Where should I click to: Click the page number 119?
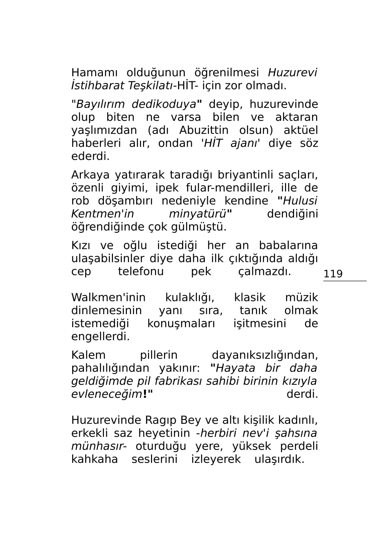coord(333,274)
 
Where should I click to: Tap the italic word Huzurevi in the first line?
coord(292,73)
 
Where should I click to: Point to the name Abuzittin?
coord(204,130)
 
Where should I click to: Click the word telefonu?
coord(141,271)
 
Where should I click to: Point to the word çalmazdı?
coord(265,271)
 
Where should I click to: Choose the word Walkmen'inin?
coord(108,297)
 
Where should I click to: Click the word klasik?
coord(250,297)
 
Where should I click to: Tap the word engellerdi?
coord(100,337)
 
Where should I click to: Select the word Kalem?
coord(88,355)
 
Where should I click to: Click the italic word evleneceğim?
coord(107,394)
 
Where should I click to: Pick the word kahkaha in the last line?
coord(94,459)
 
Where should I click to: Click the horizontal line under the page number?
coord(345,281)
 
